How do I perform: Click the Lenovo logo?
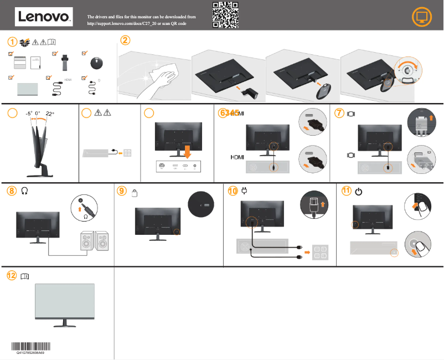click(43, 17)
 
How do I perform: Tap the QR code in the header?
click(225, 15)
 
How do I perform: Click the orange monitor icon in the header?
click(422, 18)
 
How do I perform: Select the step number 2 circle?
click(126, 40)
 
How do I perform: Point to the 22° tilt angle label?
click(50, 114)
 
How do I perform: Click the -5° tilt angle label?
click(29, 114)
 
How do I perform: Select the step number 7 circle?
click(339, 113)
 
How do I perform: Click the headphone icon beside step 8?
click(24, 191)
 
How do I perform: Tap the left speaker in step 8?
click(86, 241)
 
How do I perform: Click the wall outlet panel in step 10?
click(323, 252)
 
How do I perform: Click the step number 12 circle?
click(11, 275)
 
